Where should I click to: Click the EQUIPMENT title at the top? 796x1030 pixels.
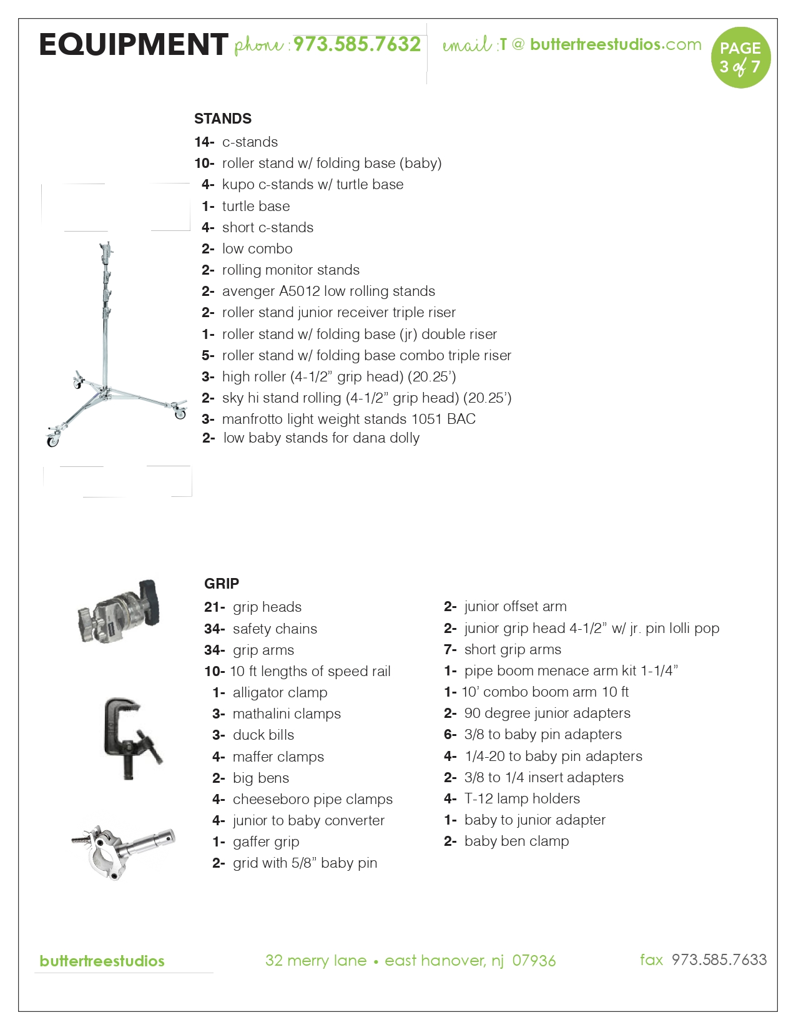[133, 45]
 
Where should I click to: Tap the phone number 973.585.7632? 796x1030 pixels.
[357, 44]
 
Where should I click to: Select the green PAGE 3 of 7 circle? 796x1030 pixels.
[740, 57]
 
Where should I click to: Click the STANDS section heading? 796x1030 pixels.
[223, 119]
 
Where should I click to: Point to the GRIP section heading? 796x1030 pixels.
[222, 584]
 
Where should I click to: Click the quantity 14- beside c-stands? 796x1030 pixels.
[204, 142]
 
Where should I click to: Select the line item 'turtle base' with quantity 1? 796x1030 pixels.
[255, 206]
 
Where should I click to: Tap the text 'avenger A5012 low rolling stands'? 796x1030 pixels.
[328, 292]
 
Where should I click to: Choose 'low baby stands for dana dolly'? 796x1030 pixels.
[321, 438]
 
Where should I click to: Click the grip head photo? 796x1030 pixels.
[119, 611]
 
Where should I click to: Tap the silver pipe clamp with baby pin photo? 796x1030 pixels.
[123, 851]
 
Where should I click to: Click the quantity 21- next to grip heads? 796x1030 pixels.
[214, 607]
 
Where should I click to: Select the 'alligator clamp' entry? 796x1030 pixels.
[280, 693]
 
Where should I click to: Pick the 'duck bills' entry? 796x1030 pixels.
[263, 735]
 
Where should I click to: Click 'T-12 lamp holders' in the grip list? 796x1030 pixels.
[522, 799]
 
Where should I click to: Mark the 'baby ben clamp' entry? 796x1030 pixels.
[516, 841]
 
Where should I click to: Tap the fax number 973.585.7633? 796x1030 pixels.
[719, 960]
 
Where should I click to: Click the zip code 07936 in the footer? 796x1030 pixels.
[534, 961]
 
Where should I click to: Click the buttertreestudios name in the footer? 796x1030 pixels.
[102, 961]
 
